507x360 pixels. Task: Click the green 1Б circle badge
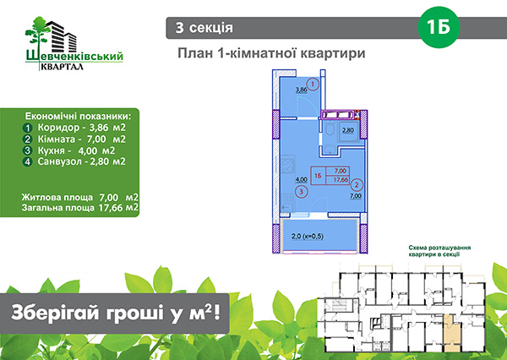point(439,27)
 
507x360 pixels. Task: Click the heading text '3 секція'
point(204,28)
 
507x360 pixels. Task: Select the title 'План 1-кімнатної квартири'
point(271,53)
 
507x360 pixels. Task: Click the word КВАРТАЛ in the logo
point(62,66)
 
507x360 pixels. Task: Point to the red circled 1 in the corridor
point(313,85)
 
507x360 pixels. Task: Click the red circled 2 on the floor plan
point(357,185)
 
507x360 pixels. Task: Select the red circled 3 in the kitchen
point(302,192)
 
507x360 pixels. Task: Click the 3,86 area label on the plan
point(302,90)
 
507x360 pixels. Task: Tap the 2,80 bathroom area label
point(348,131)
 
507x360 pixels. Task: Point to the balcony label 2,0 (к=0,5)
point(308,237)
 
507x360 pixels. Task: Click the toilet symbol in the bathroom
point(330,129)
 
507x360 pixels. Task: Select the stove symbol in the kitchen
point(287,164)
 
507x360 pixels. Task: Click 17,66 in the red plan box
point(341,180)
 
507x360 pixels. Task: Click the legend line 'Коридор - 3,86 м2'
point(74,128)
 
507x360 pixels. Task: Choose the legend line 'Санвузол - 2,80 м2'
point(74,161)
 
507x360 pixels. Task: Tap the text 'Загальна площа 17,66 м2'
point(80,208)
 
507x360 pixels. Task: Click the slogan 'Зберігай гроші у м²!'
point(116,314)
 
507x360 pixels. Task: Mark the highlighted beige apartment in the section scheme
point(452,333)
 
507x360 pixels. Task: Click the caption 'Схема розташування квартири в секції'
point(439,251)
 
